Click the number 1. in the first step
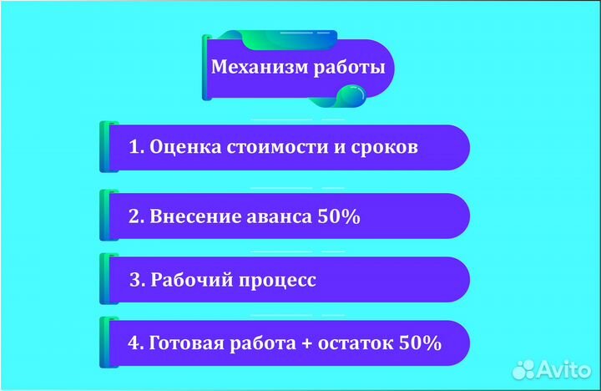click(137, 148)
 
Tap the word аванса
click(280, 217)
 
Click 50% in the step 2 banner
click(339, 217)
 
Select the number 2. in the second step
click(137, 217)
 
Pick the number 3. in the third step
click(137, 280)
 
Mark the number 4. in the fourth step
click(137, 343)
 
